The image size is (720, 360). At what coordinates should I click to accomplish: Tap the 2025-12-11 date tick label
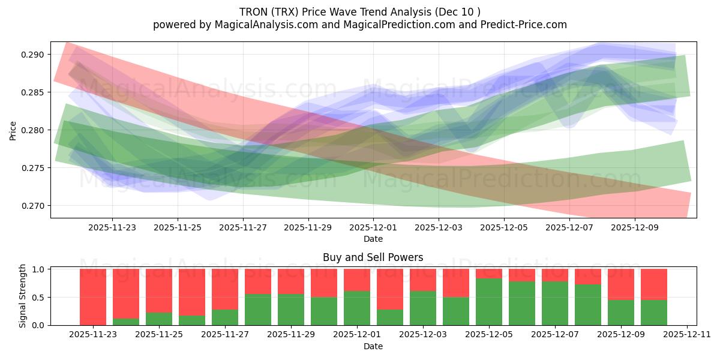coord(687,334)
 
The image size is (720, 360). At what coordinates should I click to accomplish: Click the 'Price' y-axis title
coord(13,130)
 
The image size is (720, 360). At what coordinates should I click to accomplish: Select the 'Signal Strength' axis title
coord(22,296)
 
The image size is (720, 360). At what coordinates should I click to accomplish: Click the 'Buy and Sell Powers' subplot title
coord(373,257)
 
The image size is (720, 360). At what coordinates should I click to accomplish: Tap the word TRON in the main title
coord(253,12)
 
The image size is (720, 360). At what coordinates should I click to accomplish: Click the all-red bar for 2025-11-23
coord(93,297)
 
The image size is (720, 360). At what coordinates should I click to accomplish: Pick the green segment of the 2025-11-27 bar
coord(225,317)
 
